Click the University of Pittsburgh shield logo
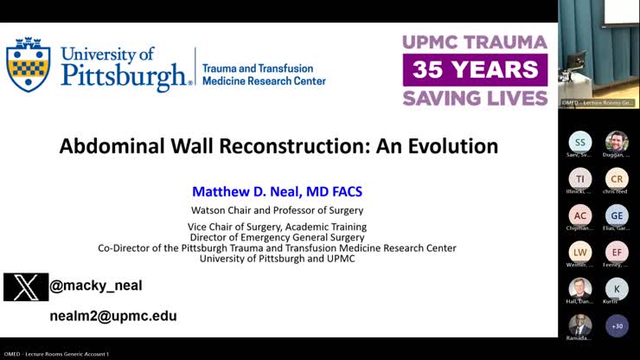click(x=29, y=65)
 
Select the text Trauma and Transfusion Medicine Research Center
click(x=263, y=74)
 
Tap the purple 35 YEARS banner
click(x=475, y=70)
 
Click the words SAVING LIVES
click(x=475, y=98)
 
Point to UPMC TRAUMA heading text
click(x=475, y=42)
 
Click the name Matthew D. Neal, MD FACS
click(x=277, y=190)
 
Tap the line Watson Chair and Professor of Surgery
click(x=277, y=209)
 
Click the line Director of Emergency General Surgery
click(x=277, y=237)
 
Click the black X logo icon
click(x=25, y=286)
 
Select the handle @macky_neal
click(x=96, y=286)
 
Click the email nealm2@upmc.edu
click(x=113, y=316)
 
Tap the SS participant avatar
click(x=580, y=142)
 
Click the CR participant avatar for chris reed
click(x=617, y=178)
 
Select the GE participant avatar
click(x=617, y=215)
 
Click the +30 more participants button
click(x=617, y=325)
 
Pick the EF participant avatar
click(x=617, y=252)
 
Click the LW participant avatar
click(x=580, y=252)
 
